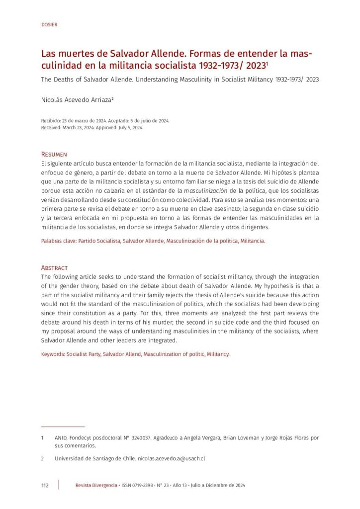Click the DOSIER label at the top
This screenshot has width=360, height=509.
pos(49,24)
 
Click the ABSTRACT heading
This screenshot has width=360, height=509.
pos(54,267)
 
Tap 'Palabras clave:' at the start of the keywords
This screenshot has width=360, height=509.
pos(61,241)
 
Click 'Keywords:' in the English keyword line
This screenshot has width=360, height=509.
pos(53,354)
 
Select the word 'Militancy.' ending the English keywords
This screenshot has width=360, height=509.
pos(218,354)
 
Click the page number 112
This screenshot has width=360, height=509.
pos(45,485)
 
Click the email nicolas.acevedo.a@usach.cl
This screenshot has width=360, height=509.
pos(172,458)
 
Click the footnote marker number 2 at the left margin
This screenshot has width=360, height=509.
pos(42,458)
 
